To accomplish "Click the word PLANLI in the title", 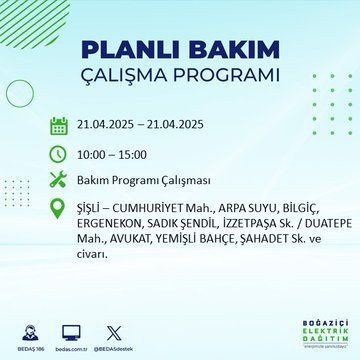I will tap(130, 51).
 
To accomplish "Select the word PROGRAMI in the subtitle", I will tap(227, 77).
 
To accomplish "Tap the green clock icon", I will tap(59, 156).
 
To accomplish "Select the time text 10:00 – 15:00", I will tap(113, 156).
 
